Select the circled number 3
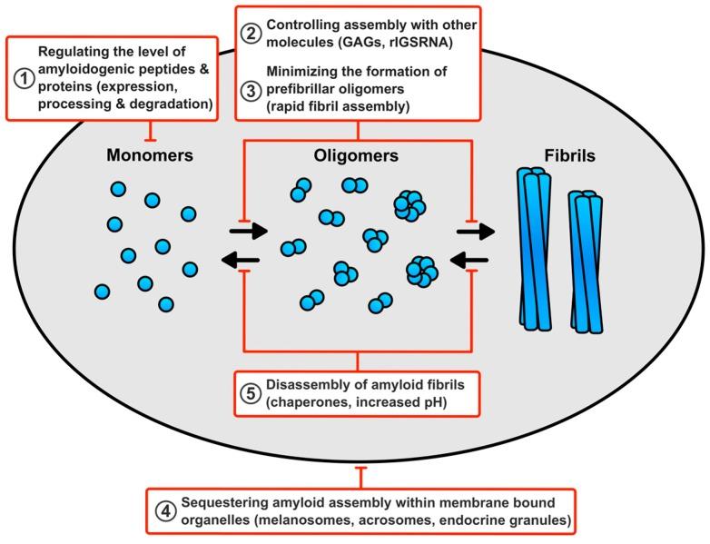tap(250, 88)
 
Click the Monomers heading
tap(149, 155)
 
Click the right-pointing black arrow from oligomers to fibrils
tap(476, 231)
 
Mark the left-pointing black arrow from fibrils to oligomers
tap(470, 263)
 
